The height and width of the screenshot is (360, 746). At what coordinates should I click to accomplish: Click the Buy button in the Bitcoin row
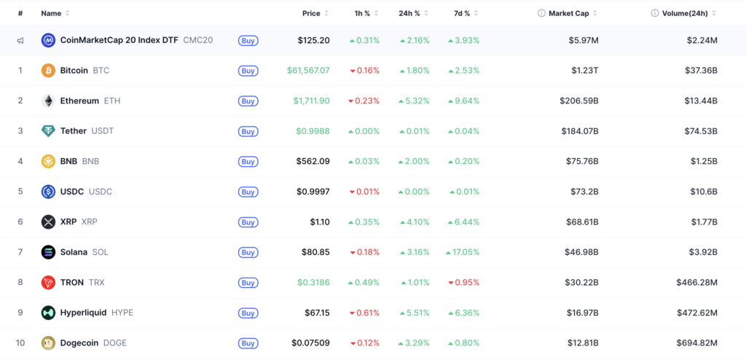pyautogui.click(x=248, y=71)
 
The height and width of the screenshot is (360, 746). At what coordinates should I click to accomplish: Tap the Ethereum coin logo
pyautogui.click(x=48, y=101)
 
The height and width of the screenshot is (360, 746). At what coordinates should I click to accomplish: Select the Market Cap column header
pyautogui.click(x=568, y=13)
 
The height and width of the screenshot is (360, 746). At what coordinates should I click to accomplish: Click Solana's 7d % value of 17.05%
pyautogui.click(x=463, y=252)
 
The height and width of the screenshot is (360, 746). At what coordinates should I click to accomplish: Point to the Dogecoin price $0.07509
pyautogui.click(x=310, y=343)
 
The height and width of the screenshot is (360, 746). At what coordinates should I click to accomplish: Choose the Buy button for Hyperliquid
pyautogui.click(x=248, y=313)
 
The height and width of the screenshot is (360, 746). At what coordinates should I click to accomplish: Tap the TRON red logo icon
pyautogui.click(x=48, y=282)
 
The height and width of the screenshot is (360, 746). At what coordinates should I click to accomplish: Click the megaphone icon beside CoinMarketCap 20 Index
pyautogui.click(x=20, y=41)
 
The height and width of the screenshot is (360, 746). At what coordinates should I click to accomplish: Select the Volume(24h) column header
pyautogui.click(x=685, y=13)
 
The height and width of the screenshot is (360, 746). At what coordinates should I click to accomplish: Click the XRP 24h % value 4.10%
pyautogui.click(x=415, y=222)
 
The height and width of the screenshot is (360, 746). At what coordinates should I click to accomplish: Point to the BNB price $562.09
pyautogui.click(x=313, y=162)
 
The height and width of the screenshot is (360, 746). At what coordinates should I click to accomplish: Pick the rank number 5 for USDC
pyautogui.click(x=20, y=192)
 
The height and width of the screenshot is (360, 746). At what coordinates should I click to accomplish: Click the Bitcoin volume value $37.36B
pyautogui.click(x=702, y=71)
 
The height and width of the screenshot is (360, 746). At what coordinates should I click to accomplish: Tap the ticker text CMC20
pyautogui.click(x=198, y=41)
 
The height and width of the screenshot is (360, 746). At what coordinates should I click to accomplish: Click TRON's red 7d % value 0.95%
pyautogui.click(x=464, y=282)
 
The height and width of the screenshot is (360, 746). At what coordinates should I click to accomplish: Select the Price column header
pyautogui.click(x=311, y=13)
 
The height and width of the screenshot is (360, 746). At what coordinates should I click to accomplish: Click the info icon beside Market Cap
pyautogui.click(x=541, y=13)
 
